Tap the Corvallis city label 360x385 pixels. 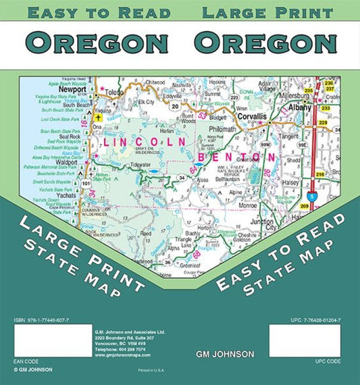tap(251, 116)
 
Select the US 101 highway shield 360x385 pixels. tap(86, 182)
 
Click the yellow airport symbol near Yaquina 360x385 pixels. tap(98, 116)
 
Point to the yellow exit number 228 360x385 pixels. tap(323, 122)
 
